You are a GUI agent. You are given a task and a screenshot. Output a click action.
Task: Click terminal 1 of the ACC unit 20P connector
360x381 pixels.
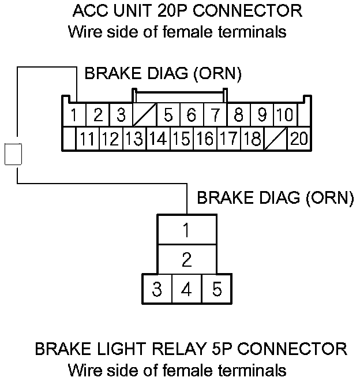point(74,115)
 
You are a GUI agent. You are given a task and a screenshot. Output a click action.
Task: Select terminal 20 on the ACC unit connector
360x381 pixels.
point(299,138)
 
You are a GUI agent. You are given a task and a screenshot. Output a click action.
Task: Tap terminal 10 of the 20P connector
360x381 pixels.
point(284,115)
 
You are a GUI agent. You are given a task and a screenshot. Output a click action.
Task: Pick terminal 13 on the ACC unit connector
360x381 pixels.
point(134,138)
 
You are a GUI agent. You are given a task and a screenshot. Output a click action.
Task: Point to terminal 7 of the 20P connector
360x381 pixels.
point(215,115)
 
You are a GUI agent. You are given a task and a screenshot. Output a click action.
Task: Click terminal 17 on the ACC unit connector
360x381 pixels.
point(228,138)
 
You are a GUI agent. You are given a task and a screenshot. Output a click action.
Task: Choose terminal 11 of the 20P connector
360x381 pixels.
point(87,138)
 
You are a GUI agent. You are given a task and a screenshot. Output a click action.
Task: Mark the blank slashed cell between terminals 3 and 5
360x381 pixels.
point(144,115)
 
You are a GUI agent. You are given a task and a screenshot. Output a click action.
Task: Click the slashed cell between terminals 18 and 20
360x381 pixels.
point(275,138)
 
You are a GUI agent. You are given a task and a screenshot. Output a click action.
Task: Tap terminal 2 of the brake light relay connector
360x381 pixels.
point(186,259)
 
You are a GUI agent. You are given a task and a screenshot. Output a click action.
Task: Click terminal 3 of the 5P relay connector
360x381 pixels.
point(156,288)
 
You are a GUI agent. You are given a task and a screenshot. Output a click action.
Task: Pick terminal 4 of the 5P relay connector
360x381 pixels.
point(186,288)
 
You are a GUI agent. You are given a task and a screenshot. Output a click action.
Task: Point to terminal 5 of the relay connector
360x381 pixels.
point(216,288)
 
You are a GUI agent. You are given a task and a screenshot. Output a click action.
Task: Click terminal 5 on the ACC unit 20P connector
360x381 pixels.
point(168,115)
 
